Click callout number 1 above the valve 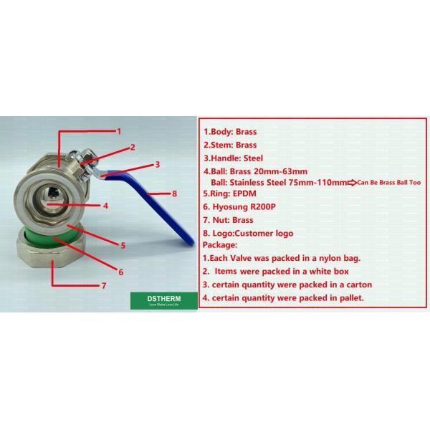pyautogui.click(x=120, y=131)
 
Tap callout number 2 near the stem pyautogui.click(x=133, y=148)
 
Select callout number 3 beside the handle pyautogui.click(x=157, y=163)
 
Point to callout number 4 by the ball pyautogui.click(x=105, y=205)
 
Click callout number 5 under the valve pyautogui.click(x=123, y=245)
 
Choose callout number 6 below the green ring pyautogui.click(x=121, y=272)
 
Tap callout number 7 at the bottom pyautogui.click(x=104, y=285)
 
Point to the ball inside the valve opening pyautogui.click(x=52, y=195)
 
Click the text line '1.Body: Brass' pyautogui.click(x=230, y=132)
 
